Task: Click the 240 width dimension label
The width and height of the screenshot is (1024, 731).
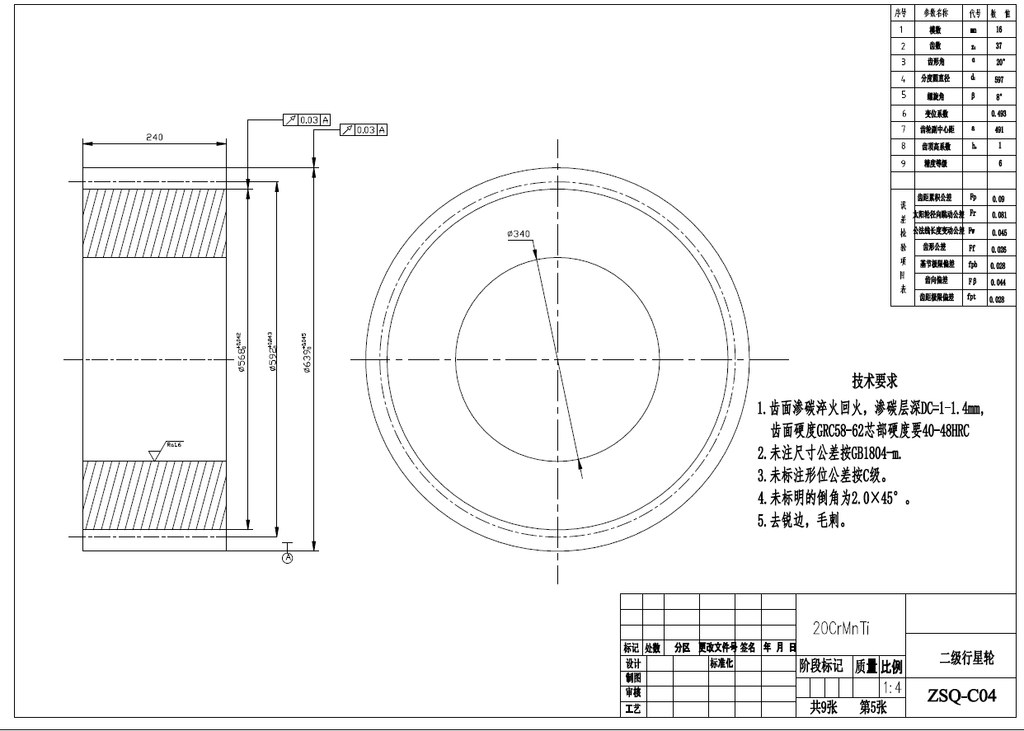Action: tap(154, 138)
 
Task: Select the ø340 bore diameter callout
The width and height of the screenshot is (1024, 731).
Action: tap(519, 234)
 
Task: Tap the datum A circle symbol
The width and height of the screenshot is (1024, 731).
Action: tap(288, 558)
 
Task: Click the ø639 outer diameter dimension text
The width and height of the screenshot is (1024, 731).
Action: tap(306, 354)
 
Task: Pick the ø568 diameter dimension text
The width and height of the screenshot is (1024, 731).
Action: tap(241, 354)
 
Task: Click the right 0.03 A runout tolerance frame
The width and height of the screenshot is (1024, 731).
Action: tap(364, 130)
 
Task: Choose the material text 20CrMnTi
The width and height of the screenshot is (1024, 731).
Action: tap(842, 628)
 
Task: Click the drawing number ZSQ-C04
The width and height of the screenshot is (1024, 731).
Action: tap(961, 696)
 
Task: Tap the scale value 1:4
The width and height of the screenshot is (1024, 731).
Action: tap(891, 687)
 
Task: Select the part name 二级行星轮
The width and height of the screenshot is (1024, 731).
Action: tap(966, 658)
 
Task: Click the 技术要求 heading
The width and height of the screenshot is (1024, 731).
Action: tap(874, 382)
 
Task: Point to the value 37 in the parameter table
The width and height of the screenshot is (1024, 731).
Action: tap(999, 46)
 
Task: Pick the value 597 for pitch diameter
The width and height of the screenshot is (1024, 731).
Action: tap(999, 80)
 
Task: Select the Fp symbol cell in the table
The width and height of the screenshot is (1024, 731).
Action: tap(973, 198)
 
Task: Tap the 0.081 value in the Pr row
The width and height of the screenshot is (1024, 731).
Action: tap(998, 215)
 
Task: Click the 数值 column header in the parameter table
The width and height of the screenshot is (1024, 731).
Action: tap(1000, 13)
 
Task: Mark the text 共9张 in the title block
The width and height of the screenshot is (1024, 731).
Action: tap(824, 706)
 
